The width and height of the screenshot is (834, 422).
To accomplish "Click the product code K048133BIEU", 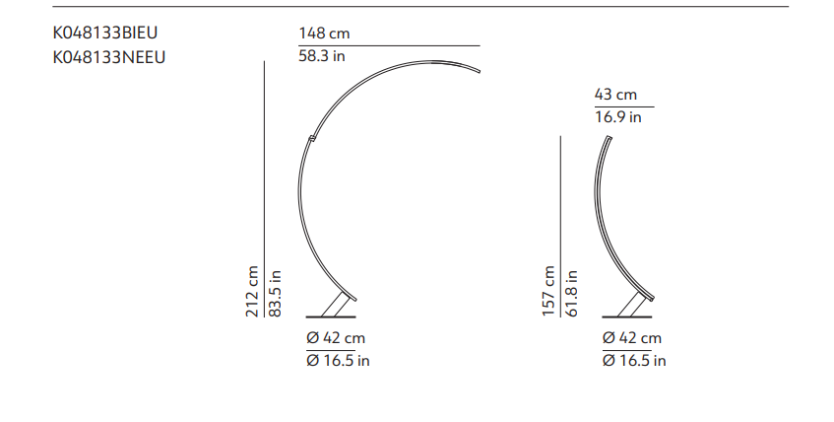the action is click(104, 33).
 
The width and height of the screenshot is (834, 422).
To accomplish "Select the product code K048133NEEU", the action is click(108, 57).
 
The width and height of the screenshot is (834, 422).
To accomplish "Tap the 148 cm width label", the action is click(324, 34).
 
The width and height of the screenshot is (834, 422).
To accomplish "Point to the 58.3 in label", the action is click(322, 56).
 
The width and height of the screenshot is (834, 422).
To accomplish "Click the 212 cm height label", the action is click(252, 291).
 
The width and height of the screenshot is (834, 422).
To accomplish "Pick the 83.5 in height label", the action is click(275, 293).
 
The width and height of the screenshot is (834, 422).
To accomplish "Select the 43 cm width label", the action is click(615, 95).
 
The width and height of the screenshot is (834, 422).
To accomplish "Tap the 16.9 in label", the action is click(618, 117).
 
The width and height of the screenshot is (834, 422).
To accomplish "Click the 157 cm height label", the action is click(548, 291).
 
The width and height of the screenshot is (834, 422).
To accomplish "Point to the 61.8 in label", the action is click(571, 293).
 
